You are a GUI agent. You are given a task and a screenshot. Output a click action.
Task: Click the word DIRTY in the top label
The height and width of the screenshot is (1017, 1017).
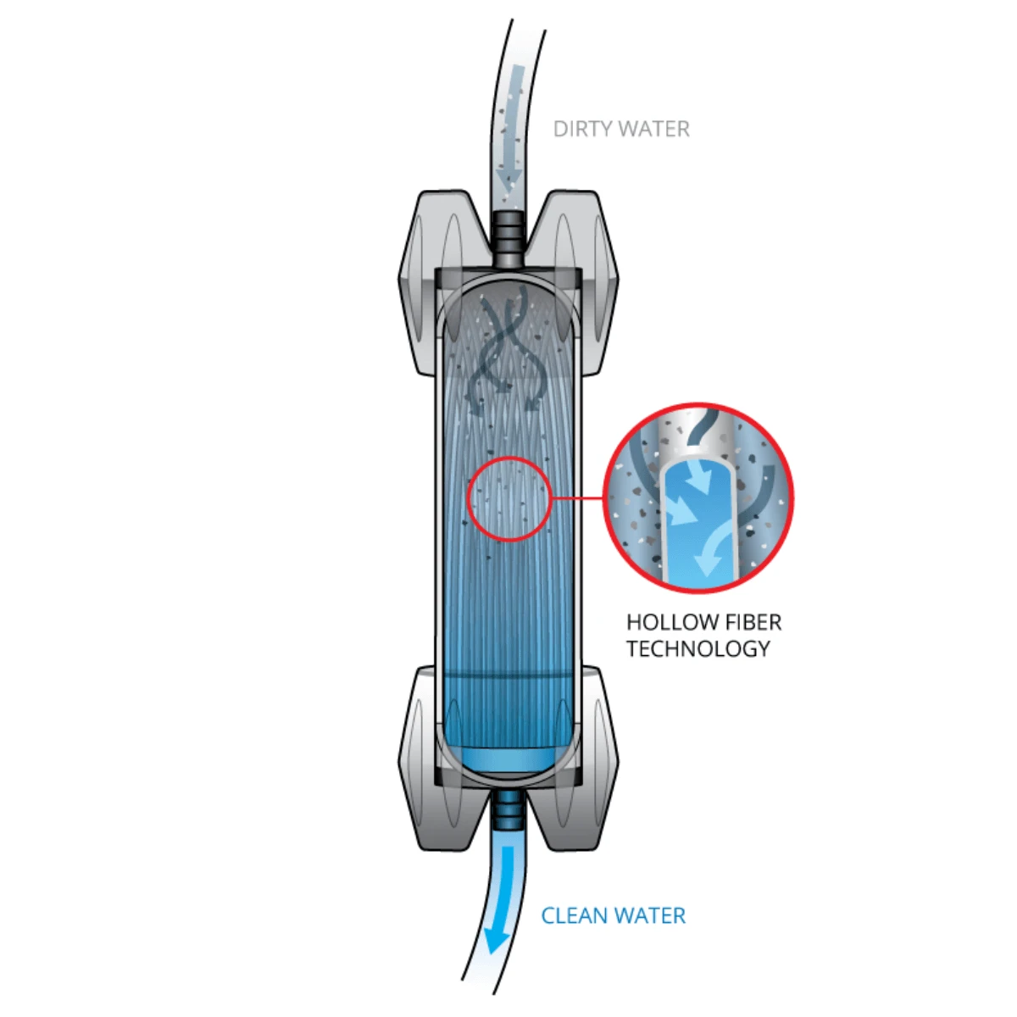click(583, 130)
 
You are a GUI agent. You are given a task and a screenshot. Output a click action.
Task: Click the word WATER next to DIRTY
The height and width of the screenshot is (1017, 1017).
click(655, 130)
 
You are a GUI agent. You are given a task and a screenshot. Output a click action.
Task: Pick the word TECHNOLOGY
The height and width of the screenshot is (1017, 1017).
click(698, 648)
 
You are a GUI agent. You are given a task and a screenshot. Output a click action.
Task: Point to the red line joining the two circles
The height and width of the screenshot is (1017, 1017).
click(577, 497)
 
